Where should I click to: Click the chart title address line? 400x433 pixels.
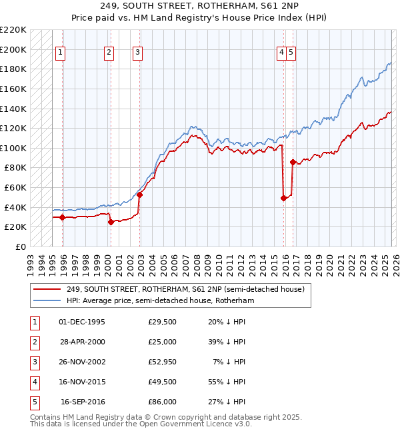(200, 6)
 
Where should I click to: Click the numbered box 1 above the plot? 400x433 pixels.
(61, 54)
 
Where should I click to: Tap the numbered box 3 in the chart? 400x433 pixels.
(137, 54)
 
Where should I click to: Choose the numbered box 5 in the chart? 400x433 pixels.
(292, 54)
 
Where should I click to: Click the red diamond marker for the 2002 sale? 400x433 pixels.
(140, 195)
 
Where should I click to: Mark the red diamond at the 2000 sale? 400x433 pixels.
(111, 222)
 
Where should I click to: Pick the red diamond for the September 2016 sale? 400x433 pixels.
(293, 162)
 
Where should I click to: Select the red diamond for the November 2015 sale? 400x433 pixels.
(284, 198)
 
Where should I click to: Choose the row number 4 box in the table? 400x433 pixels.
(33, 382)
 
